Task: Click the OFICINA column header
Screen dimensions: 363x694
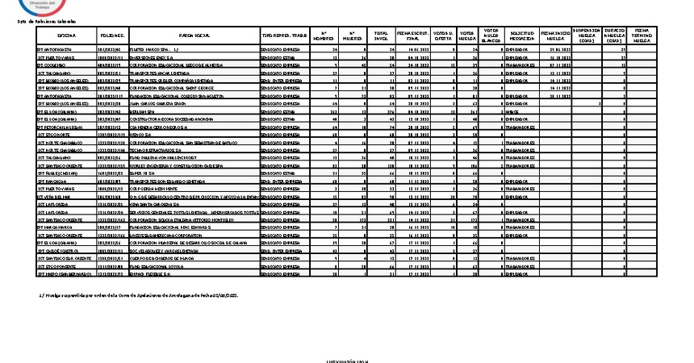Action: click(x=67, y=36)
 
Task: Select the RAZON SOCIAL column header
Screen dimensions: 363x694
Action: click(x=193, y=36)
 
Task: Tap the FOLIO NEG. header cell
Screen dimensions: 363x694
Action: click(x=112, y=36)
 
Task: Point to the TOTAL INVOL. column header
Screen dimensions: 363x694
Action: click(x=380, y=36)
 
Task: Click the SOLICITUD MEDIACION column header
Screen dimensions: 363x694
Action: click(x=522, y=36)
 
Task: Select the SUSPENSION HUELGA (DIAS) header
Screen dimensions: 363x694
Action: click(x=587, y=36)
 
